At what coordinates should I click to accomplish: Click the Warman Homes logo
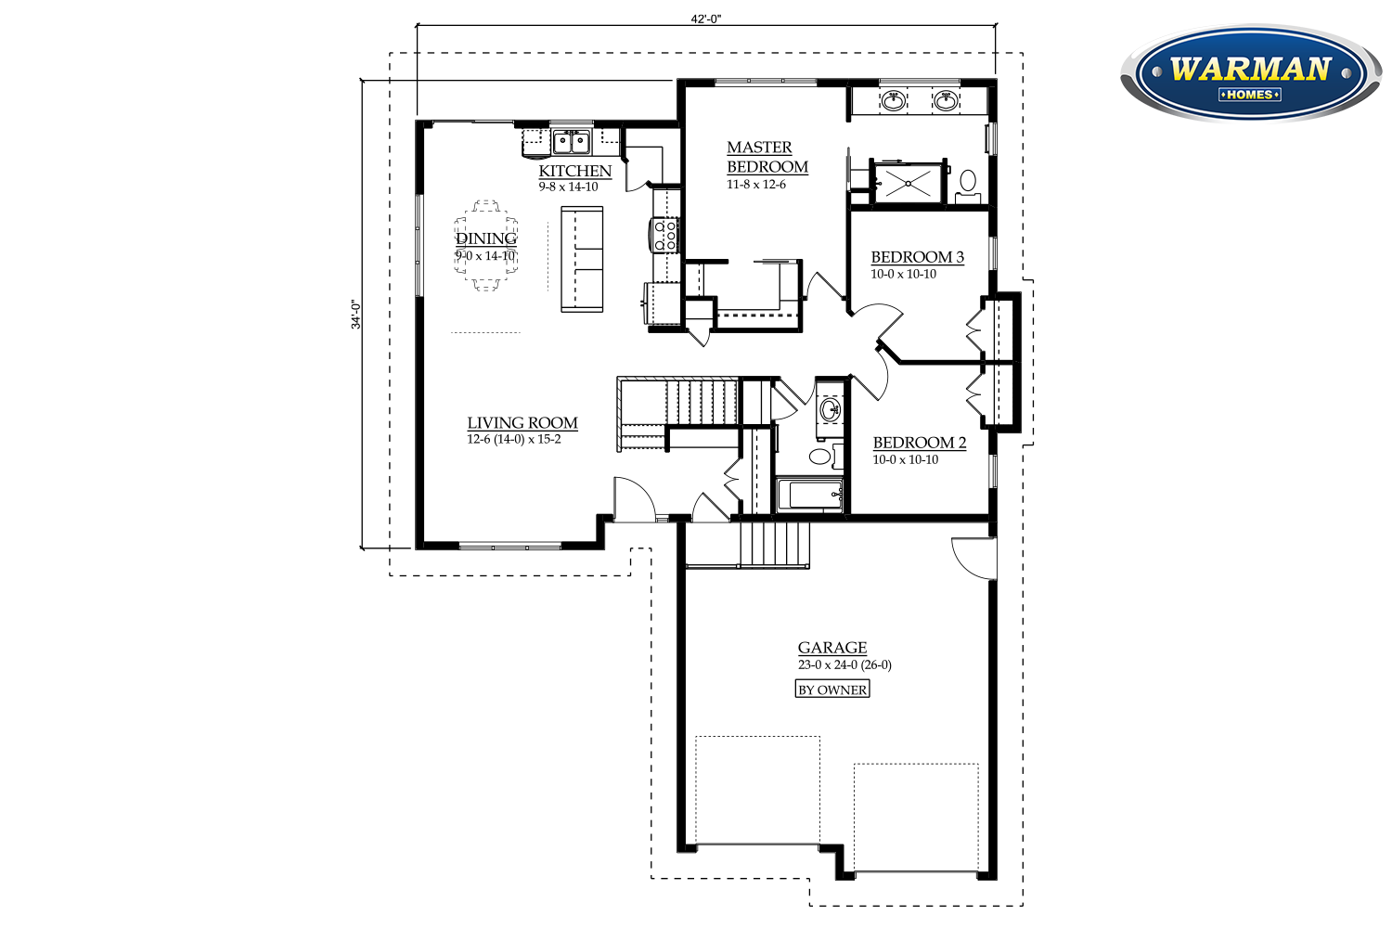coord(1251,73)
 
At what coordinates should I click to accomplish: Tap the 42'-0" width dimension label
coord(706,19)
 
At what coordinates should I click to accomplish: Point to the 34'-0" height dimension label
coord(355,315)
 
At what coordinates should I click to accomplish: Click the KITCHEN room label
coord(574,171)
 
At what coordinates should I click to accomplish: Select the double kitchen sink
coord(572,142)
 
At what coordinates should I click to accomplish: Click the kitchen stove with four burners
coord(664,235)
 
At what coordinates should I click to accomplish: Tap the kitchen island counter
coord(582,259)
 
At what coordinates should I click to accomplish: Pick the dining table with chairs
coord(486,245)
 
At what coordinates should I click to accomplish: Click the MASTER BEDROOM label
coord(767,157)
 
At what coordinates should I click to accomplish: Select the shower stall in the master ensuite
coord(908,184)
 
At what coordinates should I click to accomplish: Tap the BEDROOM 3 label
coord(917,257)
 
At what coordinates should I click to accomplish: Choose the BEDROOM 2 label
coord(919,443)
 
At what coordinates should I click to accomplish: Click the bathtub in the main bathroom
coord(810,495)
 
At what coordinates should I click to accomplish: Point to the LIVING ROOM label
coord(522,422)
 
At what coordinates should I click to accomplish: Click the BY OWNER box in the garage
coord(832,690)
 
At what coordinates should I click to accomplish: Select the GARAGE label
coord(832,648)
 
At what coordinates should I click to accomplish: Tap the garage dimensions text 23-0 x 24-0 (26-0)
coord(844,664)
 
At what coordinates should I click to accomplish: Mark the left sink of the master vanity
coord(894,101)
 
